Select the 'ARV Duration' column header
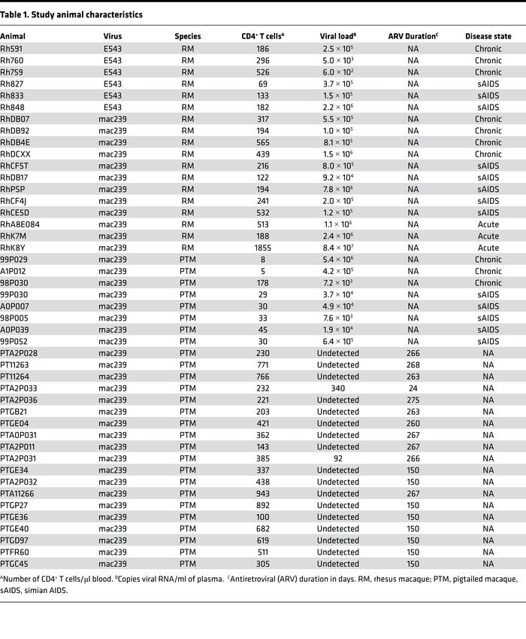coord(413,36)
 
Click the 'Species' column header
coord(187,36)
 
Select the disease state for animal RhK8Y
coord(488,248)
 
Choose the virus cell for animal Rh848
coord(113,107)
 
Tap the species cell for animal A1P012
coord(187,272)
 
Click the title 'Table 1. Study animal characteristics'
coord(71,14)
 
